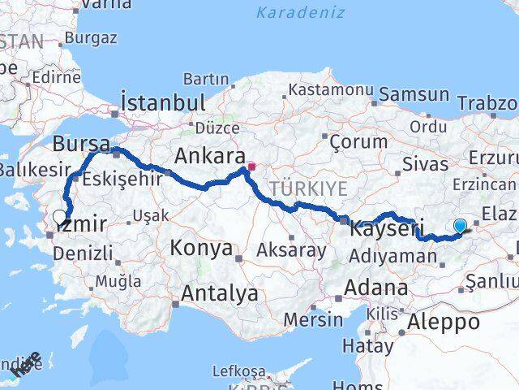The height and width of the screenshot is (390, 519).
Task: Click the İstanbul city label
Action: [162, 102]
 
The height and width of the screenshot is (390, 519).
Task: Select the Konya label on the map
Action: [200, 249]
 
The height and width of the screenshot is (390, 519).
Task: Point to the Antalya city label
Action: [220, 293]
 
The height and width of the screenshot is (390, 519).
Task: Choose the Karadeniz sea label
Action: [300, 12]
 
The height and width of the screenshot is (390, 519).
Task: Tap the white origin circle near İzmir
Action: [60, 217]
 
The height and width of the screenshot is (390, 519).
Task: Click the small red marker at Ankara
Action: [251, 167]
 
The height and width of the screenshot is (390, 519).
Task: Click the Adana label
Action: [375, 288]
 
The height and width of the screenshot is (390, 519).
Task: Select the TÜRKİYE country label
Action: [308, 188]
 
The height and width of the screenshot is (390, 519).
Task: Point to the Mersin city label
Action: [313, 319]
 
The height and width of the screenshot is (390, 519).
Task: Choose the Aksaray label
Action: [290, 250]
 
